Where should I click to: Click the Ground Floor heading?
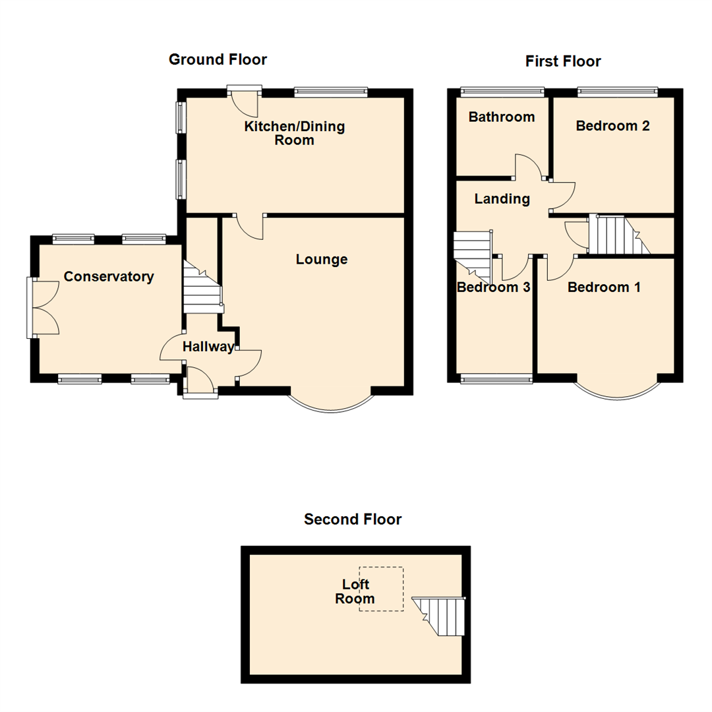tap(218, 60)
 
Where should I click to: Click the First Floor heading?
tap(563, 62)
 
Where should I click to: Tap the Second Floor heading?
tap(353, 519)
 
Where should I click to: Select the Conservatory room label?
tap(109, 277)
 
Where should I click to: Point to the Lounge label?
tap(322, 260)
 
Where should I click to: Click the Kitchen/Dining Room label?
tap(295, 133)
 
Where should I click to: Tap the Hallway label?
tap(208, 347)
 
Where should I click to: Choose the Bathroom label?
tap(502, 117)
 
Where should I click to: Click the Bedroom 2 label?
tap(613, 126)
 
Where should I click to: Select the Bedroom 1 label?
tap(605, 287)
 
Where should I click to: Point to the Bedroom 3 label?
tap(494, 287)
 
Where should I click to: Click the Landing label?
tap(502, 199)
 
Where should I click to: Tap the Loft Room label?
tap(355, 591)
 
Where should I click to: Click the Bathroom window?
tap(502, 92)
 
